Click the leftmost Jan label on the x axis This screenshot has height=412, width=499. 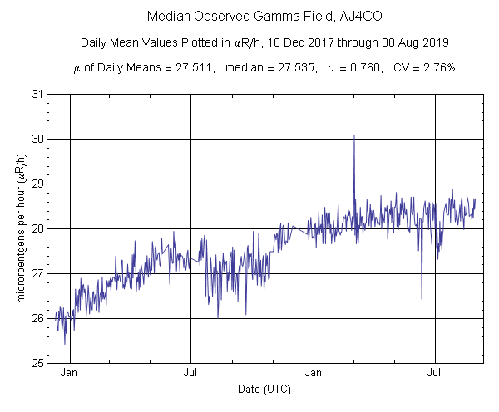70,373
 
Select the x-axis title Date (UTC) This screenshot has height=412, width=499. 265,389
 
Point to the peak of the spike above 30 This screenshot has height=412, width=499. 354,135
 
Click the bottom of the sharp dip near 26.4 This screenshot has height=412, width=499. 422,298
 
